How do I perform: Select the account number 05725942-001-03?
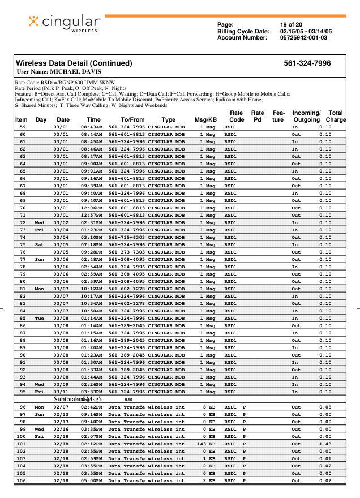[x=303, y=37]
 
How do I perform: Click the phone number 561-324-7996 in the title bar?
[x=307, y=63]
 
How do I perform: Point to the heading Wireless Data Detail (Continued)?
[x=74, y=63]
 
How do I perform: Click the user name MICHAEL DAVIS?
[x=76, y=72]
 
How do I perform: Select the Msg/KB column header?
[x=205, y=120]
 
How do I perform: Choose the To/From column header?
[x=132, y=120]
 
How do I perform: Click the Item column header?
[x=22, y=120]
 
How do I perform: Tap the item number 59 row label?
[x=23, y=127]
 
